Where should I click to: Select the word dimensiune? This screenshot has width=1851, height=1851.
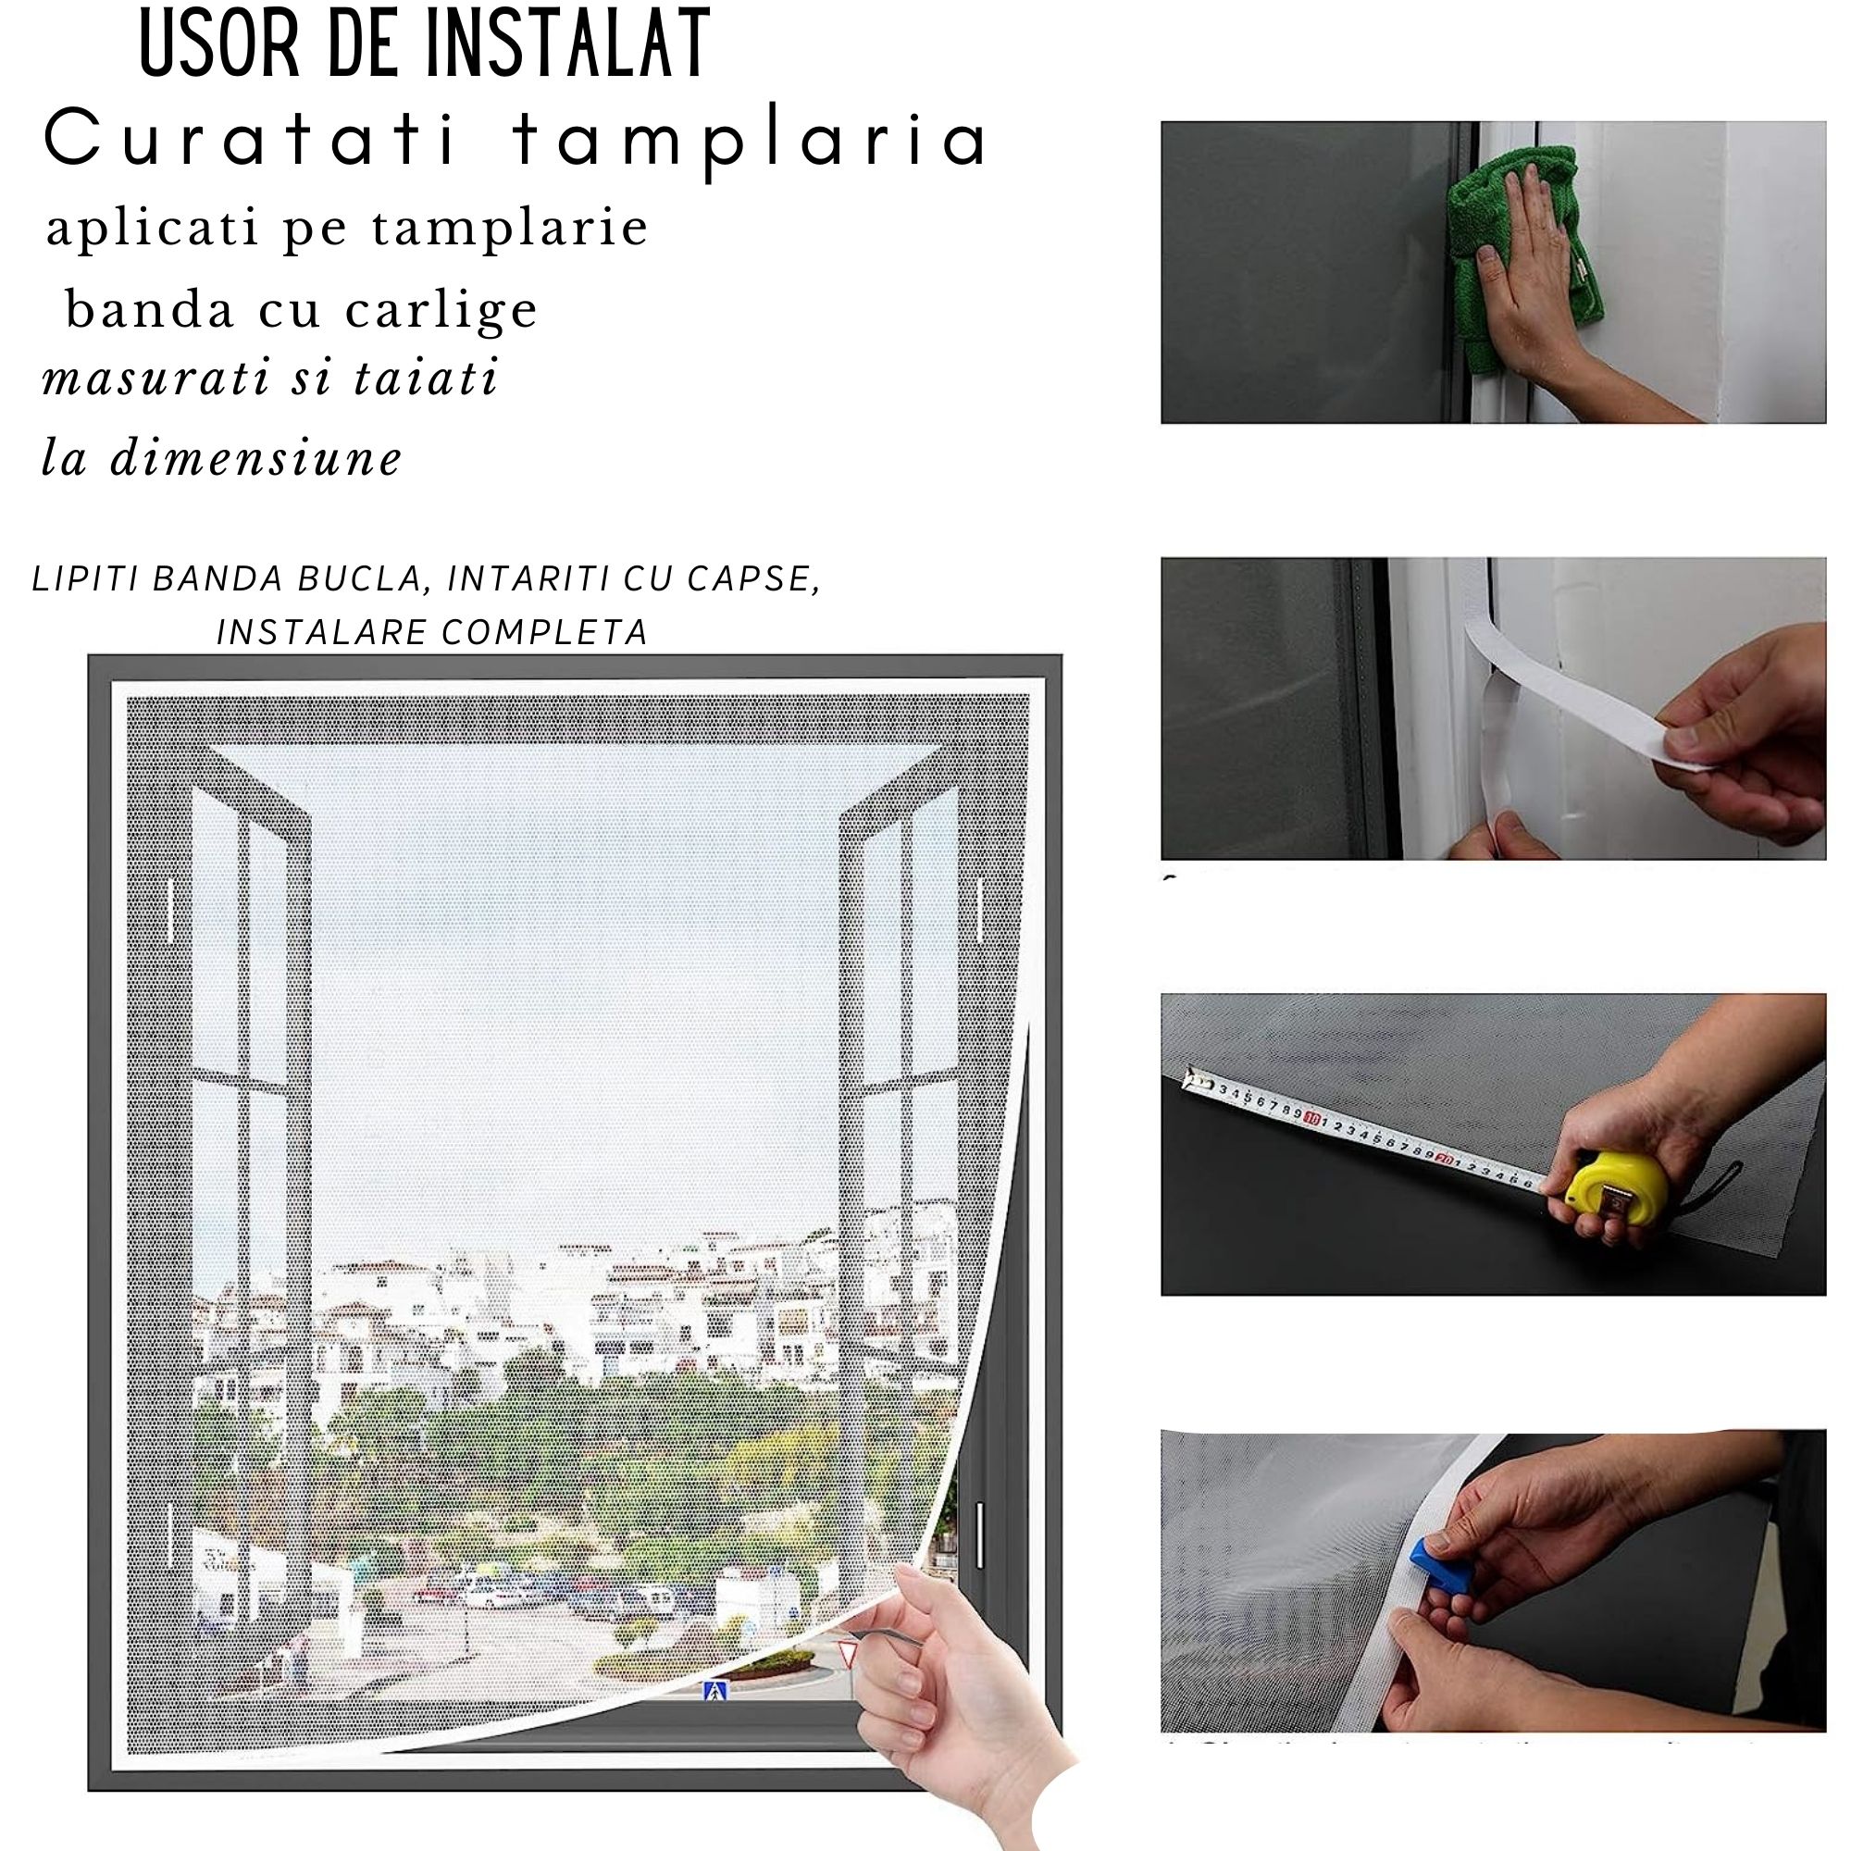point(255,457)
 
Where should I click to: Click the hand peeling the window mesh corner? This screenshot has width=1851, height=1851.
point(958,1686)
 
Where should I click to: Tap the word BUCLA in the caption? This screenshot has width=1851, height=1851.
point(360,578)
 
